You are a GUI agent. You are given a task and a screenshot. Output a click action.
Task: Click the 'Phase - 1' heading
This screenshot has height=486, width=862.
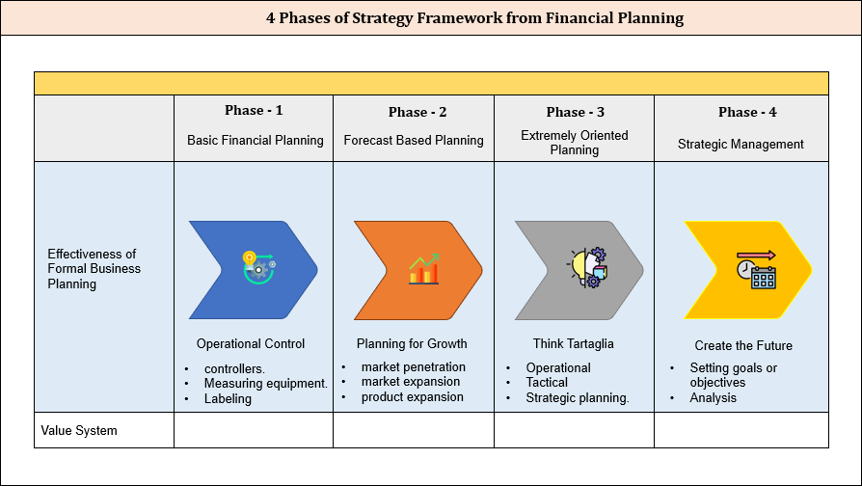pos(255,111)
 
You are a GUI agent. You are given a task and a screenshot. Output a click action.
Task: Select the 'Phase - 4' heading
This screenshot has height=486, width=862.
pos(747,112)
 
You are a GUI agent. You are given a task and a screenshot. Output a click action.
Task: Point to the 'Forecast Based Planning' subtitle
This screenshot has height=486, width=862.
pos(414,141)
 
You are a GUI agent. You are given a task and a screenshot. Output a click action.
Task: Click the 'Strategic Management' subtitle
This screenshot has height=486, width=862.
pos(741,145)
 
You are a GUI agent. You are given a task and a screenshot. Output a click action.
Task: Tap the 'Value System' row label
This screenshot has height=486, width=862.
pos(79,430)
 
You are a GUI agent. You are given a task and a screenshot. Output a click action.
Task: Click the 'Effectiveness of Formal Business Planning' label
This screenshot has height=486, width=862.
pos(94,269)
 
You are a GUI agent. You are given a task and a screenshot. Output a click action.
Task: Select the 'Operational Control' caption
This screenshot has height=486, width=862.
pos(251,344)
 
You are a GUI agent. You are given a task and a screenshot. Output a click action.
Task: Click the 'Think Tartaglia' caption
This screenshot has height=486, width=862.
pos(573,344)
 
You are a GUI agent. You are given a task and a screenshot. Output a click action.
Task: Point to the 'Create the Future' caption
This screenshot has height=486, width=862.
pos(743,345)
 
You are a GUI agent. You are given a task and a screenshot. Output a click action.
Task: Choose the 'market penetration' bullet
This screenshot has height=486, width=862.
pos(413,367)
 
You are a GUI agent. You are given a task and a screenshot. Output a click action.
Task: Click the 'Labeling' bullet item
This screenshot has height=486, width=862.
pos(228,398)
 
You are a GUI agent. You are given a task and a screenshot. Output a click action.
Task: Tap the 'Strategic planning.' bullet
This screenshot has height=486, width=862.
pos(577,398)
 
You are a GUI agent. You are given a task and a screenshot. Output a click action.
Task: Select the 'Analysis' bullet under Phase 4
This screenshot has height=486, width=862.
pos(713,398)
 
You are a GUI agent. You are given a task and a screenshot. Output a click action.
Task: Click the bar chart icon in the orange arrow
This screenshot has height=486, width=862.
pos(424,270)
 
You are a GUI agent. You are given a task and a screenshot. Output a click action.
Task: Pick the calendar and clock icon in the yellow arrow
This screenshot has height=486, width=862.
pos(756,270)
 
